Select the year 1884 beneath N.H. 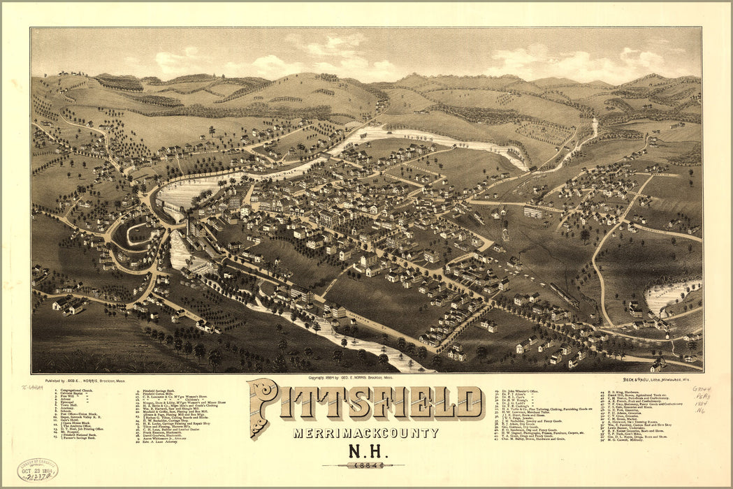366,465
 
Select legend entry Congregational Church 75,390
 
